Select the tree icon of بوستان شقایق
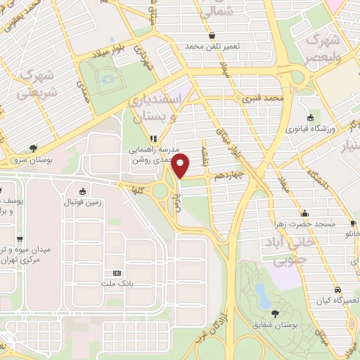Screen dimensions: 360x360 (274, 313)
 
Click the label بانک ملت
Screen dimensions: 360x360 (117, 283)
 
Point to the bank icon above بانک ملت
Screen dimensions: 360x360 (117, 273)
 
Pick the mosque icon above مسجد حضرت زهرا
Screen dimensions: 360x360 (304, 213)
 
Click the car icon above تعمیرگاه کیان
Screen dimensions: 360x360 (338, 290)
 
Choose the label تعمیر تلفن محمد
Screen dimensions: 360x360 (212, 45)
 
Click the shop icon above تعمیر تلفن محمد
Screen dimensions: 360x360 (212, 34)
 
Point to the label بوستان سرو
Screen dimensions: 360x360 (33, 159)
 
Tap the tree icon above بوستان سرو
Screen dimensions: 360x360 (33, 148)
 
